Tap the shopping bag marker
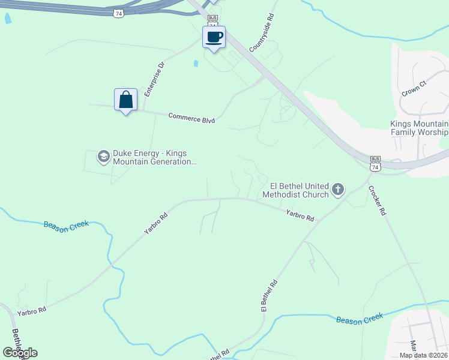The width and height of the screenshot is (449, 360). click(x=125, y=100)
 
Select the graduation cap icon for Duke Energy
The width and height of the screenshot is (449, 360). click(x=103, y=157)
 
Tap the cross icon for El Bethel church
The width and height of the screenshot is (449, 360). click(x=338, y=190)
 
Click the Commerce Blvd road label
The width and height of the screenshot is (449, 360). click(x=191, y=118)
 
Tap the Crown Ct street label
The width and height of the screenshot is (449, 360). click(x=414, y=88)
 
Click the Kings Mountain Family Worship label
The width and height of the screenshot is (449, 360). click(x=419, y=128)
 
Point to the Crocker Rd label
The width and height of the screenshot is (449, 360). click(x=379, y=201)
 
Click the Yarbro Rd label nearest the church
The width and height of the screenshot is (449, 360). click(x=300, y=215)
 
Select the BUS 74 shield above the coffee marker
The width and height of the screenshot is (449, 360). click(x=212, y=20)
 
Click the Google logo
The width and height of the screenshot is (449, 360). click(x=20, y=352)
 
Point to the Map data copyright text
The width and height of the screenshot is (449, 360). click(x=423, y=355)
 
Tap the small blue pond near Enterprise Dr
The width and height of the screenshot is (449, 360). click(x=196, y=63)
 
